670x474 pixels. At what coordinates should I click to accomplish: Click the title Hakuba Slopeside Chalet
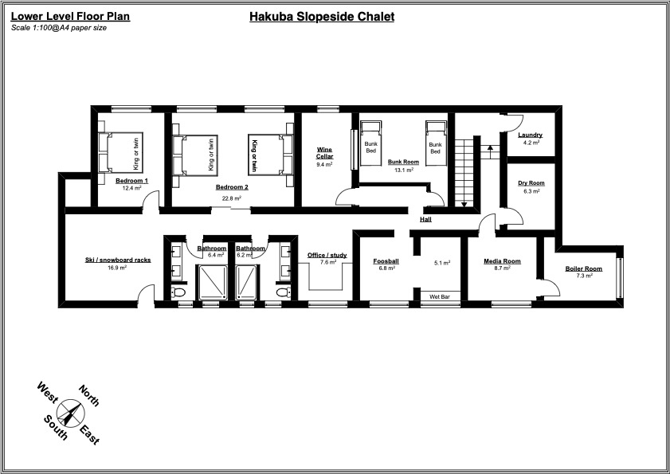322,16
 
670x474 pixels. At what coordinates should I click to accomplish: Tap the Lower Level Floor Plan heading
70,16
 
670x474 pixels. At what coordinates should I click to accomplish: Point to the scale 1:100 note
59,28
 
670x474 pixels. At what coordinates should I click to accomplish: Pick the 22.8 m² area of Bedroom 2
232,198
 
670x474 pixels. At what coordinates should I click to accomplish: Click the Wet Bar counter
440,296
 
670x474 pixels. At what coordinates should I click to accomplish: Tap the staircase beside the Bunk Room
464,171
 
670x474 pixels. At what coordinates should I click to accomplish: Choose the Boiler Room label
584,268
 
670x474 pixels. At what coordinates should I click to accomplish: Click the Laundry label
530,135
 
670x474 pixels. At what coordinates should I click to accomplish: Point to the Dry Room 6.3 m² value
531,191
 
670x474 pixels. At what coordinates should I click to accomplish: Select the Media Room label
503,261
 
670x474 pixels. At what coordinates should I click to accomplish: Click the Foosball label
386,261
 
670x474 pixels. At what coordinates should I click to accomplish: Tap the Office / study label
327,255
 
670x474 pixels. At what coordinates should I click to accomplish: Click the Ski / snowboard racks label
118,260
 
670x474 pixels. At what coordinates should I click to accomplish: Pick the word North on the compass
89,396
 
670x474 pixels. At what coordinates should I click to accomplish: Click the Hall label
426,219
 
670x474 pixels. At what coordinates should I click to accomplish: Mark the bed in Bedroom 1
120,152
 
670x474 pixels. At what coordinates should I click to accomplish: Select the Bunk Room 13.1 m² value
403,170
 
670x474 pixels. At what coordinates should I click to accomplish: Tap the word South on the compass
55,427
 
